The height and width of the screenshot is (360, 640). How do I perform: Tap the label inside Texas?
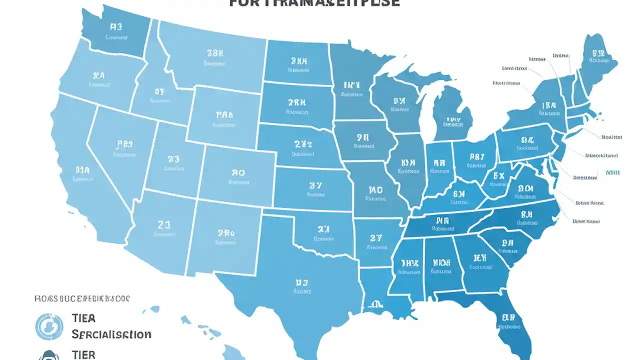tap(301, 285)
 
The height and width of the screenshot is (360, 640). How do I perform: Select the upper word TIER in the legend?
tap(83, 318)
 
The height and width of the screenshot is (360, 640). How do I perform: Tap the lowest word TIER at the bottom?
tap(83, 354)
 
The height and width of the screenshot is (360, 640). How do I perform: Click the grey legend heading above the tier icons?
tap(82, 298)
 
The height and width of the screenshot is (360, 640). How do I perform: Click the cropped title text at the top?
tap(315, 3)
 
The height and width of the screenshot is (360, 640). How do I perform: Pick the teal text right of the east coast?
tap(612, 172)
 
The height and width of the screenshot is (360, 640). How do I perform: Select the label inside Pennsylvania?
tap(527, 143)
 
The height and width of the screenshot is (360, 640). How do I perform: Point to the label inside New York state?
tap(548, 109)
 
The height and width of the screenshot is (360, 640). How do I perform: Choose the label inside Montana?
tap(215, 57)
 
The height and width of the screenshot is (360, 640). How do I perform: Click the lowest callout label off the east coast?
tap(586, 221)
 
